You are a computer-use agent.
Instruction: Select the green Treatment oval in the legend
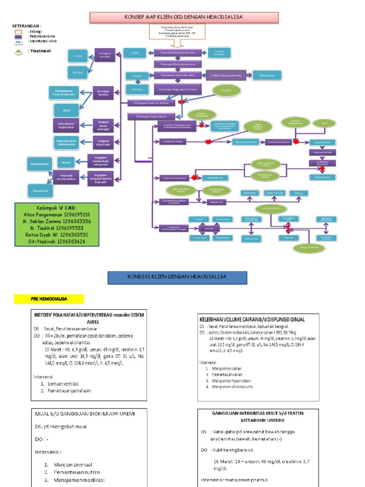pyautogui.click(x=19, y=51)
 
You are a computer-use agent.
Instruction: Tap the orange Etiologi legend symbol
pyautogui.click(x=19, y=31)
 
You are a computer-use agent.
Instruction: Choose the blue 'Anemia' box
pyautogui.click(x=66, y=163)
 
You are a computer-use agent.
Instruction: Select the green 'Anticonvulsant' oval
pyautogui.click(x=269, y=209)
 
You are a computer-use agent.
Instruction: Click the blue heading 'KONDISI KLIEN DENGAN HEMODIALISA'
pyautogui.click(x=177, y=277)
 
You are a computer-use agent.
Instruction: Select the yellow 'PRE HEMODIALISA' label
pyautogui.click(x=48, y=299)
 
